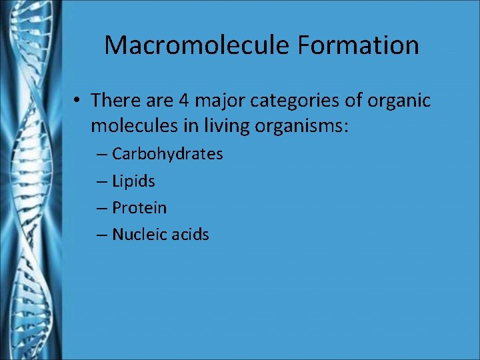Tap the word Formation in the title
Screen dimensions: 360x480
tap(359, 45)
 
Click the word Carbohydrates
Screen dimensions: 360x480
tap(167, 154)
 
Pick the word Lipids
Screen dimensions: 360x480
tap(133, 181)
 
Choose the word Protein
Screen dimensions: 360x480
tap(139, 207)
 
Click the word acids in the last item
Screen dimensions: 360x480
tap(189, 234)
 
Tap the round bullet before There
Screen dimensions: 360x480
tap(78, 101)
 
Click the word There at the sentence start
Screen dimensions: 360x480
tap(113, 101)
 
